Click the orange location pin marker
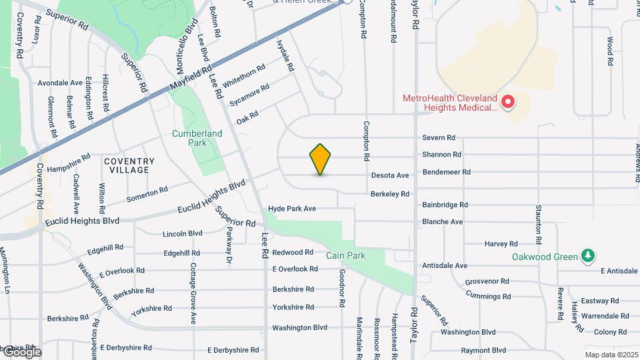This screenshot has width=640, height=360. (x=321, y=159)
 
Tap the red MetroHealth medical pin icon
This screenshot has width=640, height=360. (x=507, y=102)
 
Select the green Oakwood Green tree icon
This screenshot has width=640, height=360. (x=587, y=256)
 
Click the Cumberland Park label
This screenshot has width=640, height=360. (x=197, y=138)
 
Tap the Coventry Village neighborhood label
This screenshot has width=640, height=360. (x=129, y=165)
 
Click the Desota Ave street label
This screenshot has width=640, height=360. (x=390, y=175)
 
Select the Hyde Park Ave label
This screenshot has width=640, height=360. (x=291, y=209)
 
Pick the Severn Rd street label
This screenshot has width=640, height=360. (x=439, y=138)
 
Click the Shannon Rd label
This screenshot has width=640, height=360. (x=441, y=155)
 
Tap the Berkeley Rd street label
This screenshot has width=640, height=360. (x=390, y=194)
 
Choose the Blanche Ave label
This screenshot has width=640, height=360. (x=442, y=222)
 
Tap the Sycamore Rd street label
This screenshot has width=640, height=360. (x=249, y=95)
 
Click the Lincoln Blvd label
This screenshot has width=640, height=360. (x=182, y=234)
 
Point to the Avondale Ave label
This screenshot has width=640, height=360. (x=60, y=83)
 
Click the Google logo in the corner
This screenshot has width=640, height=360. (x=21, y=351)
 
